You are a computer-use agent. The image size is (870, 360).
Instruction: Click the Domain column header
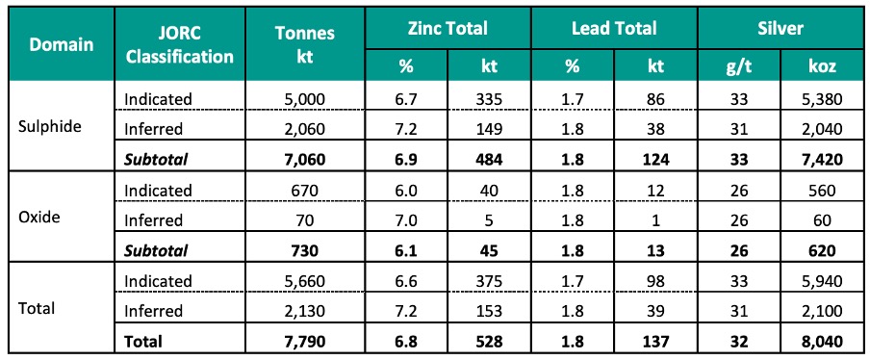(x=61, y=44)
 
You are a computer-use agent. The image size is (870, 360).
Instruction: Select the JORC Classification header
(x=179, y=45)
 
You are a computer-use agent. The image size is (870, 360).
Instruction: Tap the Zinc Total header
(x=448, y=28)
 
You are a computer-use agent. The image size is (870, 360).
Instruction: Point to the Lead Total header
(x=614, y=28)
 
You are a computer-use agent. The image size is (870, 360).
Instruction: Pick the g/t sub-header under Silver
(x=739, y=66)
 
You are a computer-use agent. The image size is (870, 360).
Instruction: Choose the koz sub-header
(x=822, y=66)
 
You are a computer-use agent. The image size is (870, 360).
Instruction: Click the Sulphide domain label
(x=51, y=126)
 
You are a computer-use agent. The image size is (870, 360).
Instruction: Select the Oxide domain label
(x=39, y=217)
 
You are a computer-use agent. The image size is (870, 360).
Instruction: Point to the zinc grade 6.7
(x=406, y=99)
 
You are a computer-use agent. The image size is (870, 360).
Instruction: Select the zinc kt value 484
(x=489, y=160)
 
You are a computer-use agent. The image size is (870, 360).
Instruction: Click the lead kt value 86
(x=655, y=99)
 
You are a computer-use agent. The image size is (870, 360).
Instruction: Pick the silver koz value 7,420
(x=822, y=160)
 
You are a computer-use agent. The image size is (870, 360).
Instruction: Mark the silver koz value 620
(x=822, y=250)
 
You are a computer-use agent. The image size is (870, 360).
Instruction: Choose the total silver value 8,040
(x=822, y=341)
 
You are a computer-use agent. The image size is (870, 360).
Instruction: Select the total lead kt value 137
(x=655, y=341)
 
